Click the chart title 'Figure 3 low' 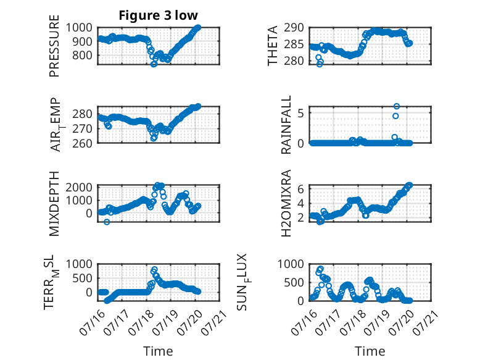[x=159, y=15]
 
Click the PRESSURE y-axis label [x=54, y=46]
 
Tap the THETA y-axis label [x=272, y=46]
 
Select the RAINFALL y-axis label [x=286, y=125]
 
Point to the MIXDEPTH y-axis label [x=54, y=204]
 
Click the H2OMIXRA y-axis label [x=286, y=203]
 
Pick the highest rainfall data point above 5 [x=397, y=106]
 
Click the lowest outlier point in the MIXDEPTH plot [x=107, y=222]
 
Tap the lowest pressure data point [x=154, y=64]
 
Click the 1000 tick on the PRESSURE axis [x=79, y=28]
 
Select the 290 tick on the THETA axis [x=294, y=28]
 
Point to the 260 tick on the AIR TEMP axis [x=82, y=143]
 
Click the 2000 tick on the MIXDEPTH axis [x=79, y=187]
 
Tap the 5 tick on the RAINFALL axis [x=300, y=114]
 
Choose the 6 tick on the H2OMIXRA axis [x=300, y=189]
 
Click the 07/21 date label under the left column [x=214, y=322]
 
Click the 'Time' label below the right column [x=370, y=351]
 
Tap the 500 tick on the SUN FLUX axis [x=294, y=282]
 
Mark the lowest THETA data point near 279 [x=320, y=64]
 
